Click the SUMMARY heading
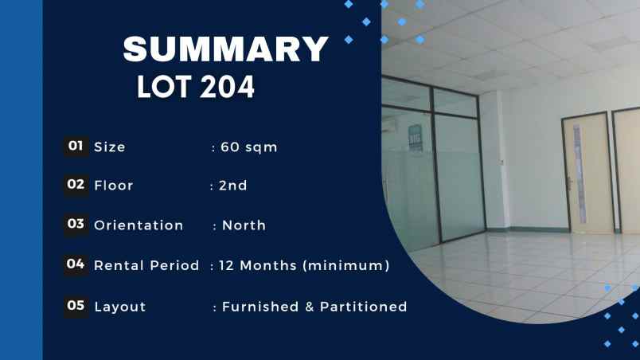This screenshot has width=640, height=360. click(226, 50)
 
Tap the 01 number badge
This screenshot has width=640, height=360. click(76, 147)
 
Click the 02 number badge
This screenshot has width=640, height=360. click(76, 185)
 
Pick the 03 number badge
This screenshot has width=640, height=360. click(76, 225)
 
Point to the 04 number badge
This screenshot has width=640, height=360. click(76, 264)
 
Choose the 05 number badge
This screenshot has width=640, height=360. click(76, 305)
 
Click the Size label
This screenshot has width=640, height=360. click(110, 147)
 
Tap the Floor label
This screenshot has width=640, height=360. click(114, 186)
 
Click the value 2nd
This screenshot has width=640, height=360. click(233, 186)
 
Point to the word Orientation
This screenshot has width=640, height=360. click(139, 225)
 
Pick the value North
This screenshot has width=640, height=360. click(244, 225)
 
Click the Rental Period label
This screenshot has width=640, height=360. click(146, 266)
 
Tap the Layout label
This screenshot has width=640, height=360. click(120, 307)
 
